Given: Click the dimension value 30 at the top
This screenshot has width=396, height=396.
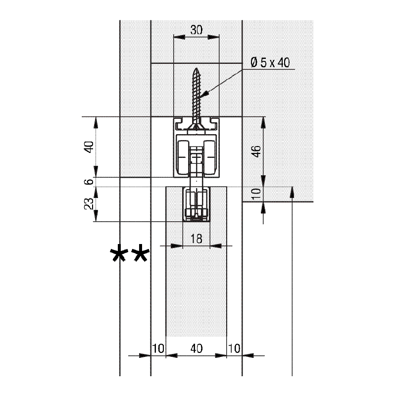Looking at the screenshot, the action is click(196, 30).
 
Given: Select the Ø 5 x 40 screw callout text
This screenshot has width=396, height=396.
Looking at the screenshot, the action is click(270, 62).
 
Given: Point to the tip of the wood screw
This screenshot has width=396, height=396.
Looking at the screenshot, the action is click(196, 68).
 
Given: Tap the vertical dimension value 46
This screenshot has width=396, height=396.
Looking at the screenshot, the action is click(256, 151).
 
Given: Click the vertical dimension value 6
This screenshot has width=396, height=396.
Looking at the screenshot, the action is click(89, 182).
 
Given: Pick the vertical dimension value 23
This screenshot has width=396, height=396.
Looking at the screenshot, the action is click(89, 203).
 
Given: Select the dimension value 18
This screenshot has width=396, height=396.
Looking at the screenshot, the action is click(196, 239).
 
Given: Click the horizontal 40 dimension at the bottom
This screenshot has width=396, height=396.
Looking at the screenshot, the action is click(196, 348).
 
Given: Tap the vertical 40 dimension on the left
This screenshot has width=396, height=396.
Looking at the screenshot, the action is click(89, 147).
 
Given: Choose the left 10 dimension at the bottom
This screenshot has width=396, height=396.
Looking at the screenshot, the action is click(158, 348).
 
